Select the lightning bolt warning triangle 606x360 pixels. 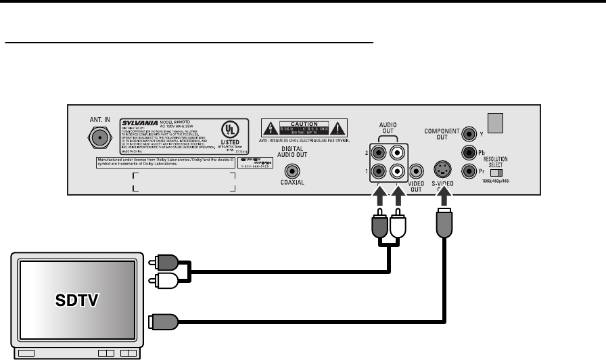[269, 127]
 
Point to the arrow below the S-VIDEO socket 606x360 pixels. [444, 195]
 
